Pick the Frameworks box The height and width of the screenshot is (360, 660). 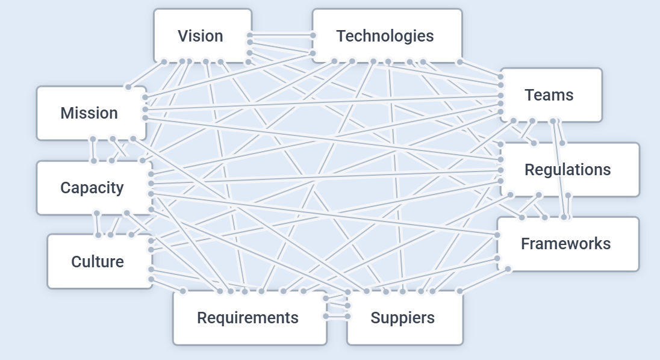(x=567, y=244)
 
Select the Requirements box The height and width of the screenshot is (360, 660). (x=249, y=318)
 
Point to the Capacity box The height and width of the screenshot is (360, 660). (x=93, y=188)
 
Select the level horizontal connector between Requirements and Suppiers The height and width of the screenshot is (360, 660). (x=336, y=316)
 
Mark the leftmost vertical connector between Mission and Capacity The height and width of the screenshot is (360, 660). (x=93, y=150)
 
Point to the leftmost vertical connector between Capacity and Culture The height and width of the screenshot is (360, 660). (x=98, y=224)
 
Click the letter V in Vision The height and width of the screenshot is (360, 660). (x=182, y=36)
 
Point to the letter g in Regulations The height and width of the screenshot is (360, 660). (x=550, y=171)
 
